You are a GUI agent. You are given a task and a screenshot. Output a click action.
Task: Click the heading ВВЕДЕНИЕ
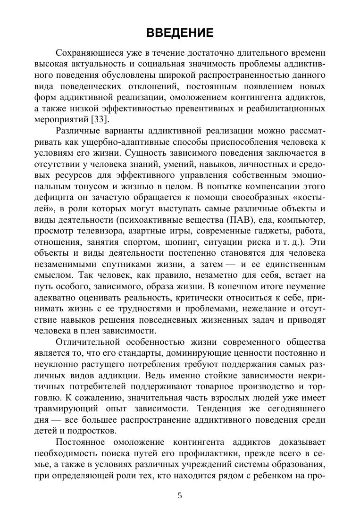click(180, 33)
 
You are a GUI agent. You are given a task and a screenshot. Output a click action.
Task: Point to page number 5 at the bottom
click(180, 495)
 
